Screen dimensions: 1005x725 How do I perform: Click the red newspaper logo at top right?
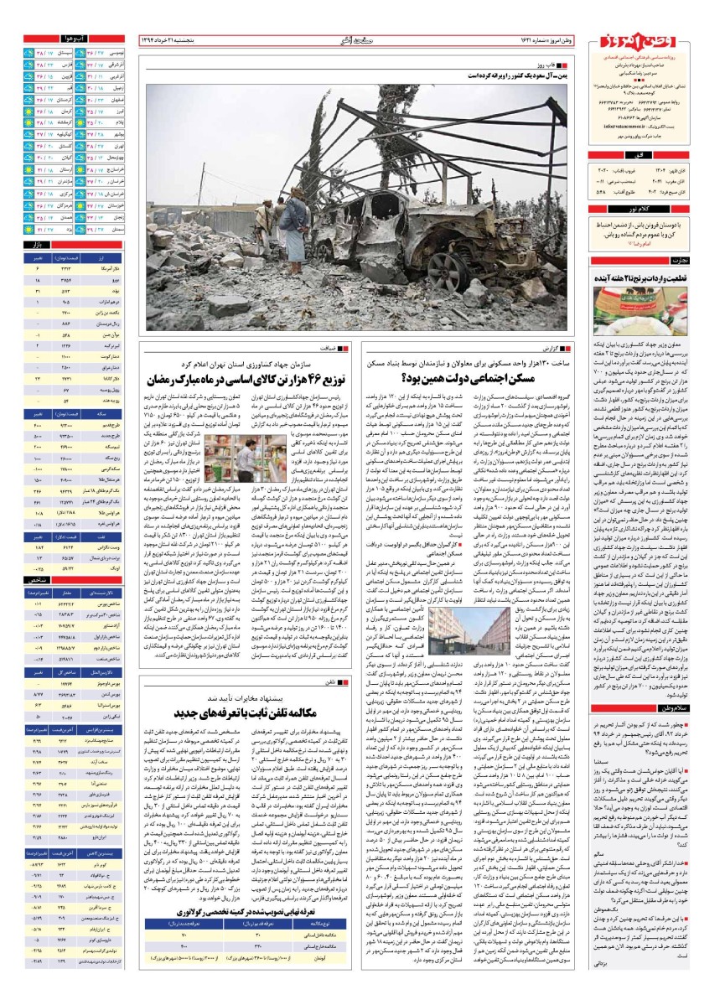click(x=653, y=49)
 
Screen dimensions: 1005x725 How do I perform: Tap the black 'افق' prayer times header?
click(x=653, y=157)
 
